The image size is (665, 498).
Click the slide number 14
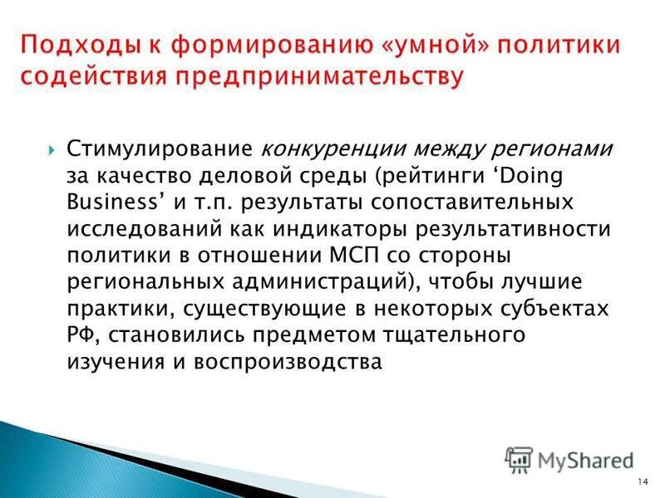click(643, 483)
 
